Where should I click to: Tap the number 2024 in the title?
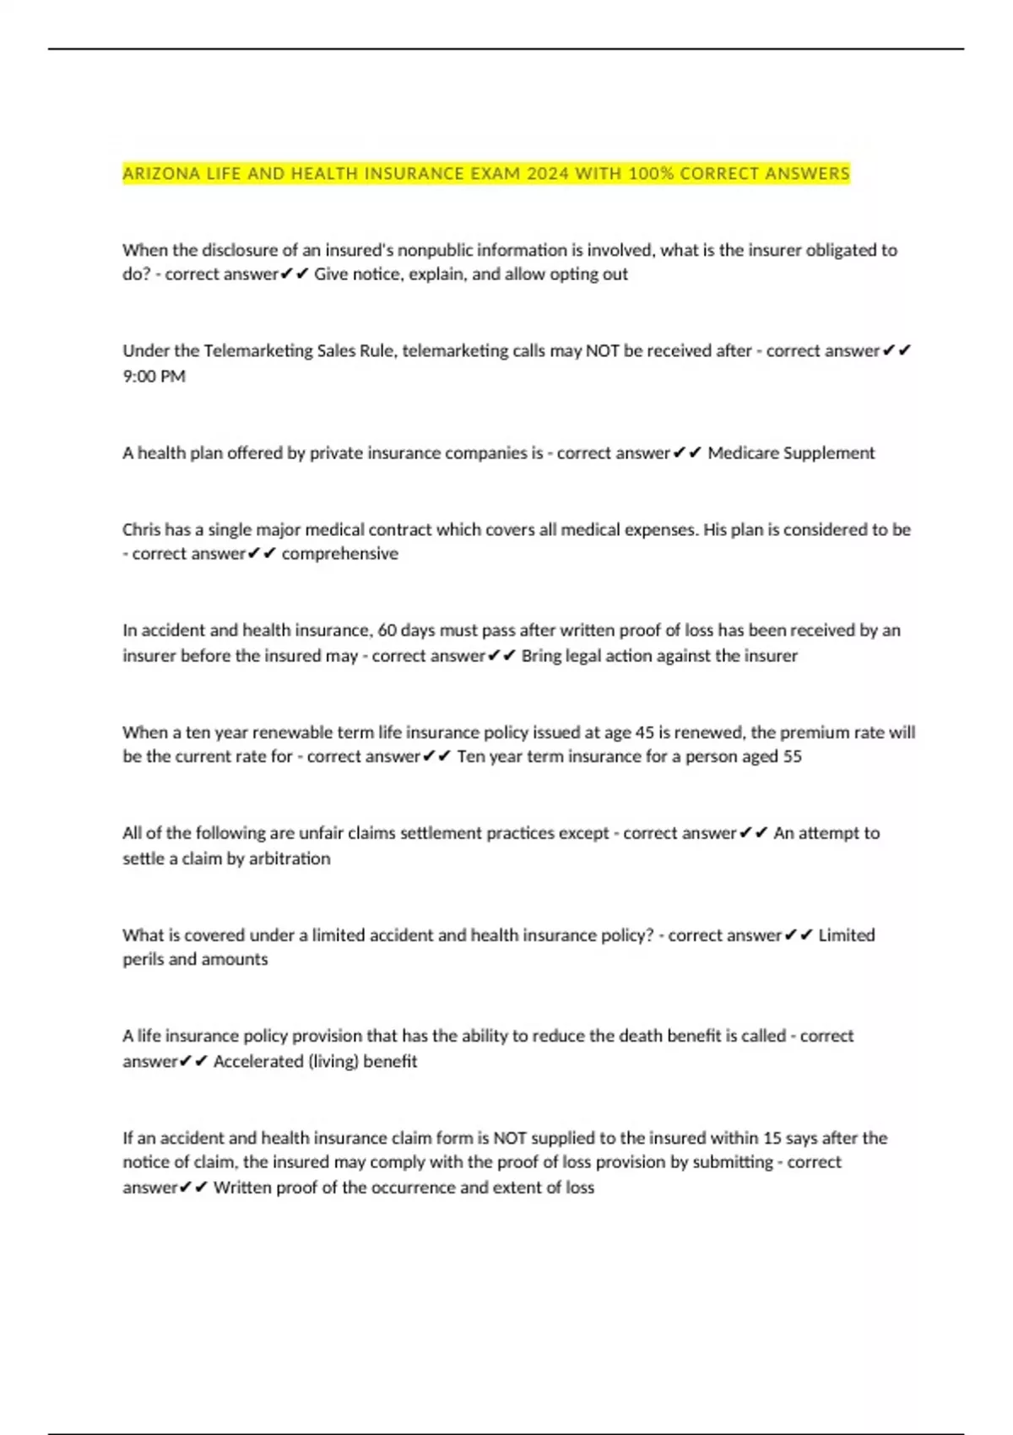[x=548, y=174]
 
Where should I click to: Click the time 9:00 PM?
[x=154, y=376]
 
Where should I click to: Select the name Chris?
[x=141, y=530]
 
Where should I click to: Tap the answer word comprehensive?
[x=339, y=554]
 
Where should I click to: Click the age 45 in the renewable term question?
[x=645, y=733]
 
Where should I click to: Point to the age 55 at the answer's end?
[x=792, y=756]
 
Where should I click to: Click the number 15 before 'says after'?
[x=772, y=1138]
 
